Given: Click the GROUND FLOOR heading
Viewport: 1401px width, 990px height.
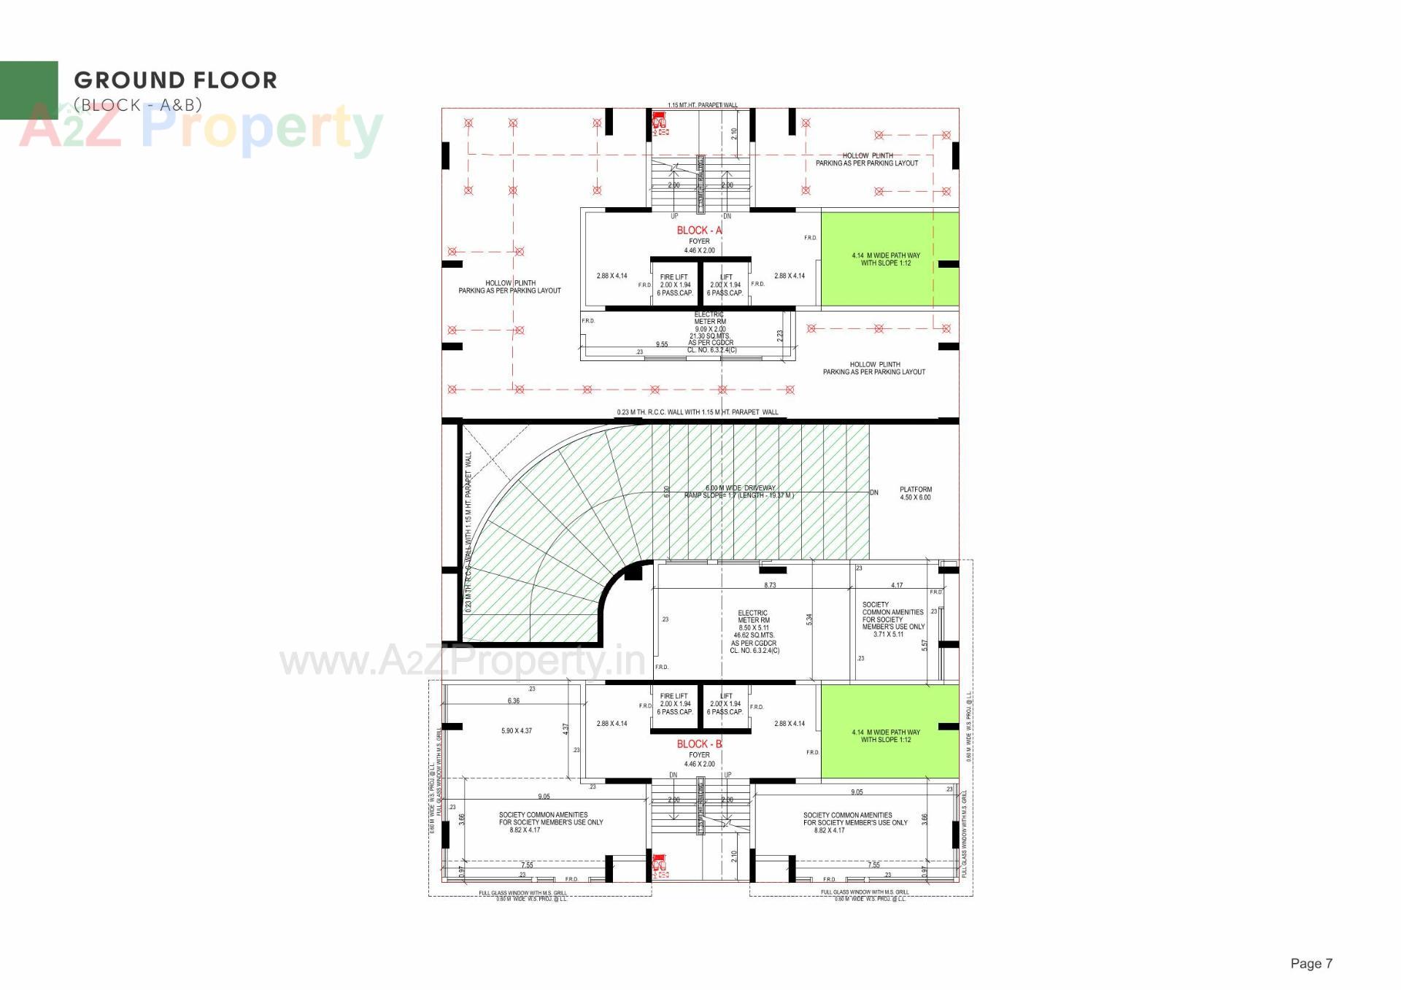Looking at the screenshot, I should point(175,80).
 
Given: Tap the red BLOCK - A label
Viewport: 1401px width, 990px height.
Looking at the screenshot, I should point(698,231).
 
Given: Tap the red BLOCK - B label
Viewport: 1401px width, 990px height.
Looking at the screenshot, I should point(698,744).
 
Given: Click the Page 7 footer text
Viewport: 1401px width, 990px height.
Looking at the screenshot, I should point(1311,964).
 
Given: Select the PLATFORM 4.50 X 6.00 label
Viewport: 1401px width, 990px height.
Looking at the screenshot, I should point(915,494).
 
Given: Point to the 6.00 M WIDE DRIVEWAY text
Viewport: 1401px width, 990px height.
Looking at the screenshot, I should point(739,488).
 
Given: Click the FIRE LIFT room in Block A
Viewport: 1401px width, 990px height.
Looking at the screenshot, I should point(674,285).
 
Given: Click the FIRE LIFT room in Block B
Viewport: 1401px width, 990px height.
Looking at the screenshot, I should point(674,704).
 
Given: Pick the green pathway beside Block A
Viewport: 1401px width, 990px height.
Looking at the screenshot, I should point(889,259).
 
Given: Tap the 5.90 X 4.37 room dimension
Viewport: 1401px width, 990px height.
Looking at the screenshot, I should point(517,731).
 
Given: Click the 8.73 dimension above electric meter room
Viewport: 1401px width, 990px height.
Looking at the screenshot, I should point(770,585).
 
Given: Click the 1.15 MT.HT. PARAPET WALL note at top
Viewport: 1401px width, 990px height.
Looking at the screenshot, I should point(702,105).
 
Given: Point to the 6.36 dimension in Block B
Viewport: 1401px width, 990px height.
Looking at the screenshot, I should point(514,701).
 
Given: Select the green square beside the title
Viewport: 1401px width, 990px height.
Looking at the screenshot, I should point(28,90).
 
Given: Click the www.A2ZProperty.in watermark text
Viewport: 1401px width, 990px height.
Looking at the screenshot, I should point(463,661).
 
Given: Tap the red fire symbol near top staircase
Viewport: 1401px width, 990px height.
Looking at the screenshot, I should point(660,121).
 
